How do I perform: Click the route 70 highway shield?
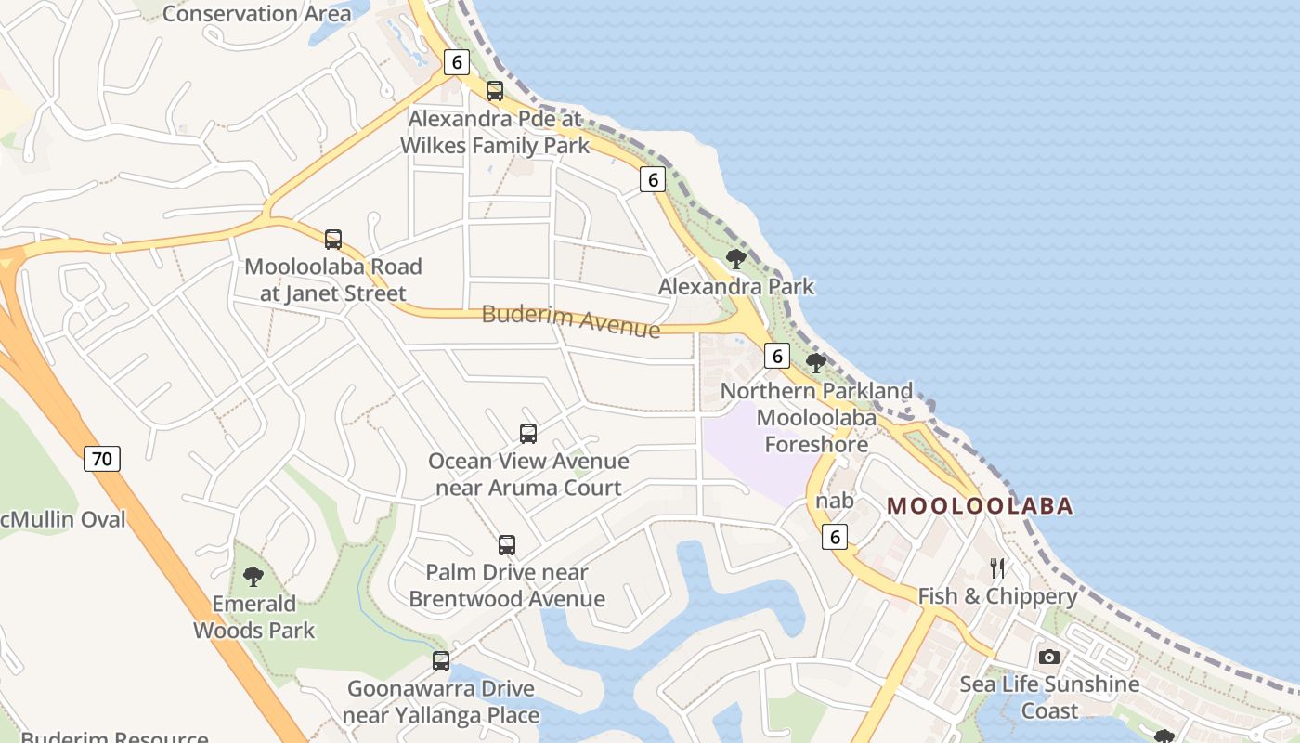coord(102,458)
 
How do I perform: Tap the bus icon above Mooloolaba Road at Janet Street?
coord(333,240)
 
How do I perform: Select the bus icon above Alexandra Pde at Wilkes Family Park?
coord(495,91)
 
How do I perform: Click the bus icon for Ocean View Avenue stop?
coord(528,434)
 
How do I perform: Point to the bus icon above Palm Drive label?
coord(507,545)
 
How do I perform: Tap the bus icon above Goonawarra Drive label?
coord(441,661)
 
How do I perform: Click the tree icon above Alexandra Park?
coord(736,259)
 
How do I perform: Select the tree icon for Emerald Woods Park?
coord(253,577)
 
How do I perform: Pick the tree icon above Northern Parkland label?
coord(816,363)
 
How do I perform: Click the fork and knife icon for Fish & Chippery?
coord(997,568)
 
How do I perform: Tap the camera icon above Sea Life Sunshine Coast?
coord(1049,658)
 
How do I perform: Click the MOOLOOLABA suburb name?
coord(981,506)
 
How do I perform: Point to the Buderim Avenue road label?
coord(571,320)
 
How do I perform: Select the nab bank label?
coord(834,501)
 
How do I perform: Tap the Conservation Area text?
coord(256,13)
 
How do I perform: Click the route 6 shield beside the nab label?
coord(835,536)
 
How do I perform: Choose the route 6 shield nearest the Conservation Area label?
coord(456,62)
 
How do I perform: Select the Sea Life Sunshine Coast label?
coord(1049,697)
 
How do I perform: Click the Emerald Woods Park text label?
coord(253,617)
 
